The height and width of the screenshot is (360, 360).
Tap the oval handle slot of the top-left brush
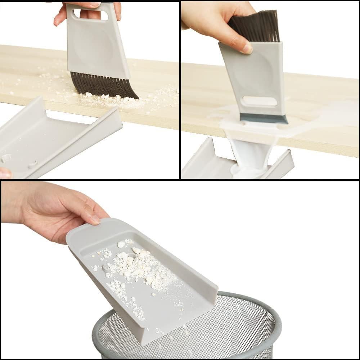[91, 15]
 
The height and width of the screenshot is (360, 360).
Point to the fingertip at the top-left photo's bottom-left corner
[5, 173]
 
